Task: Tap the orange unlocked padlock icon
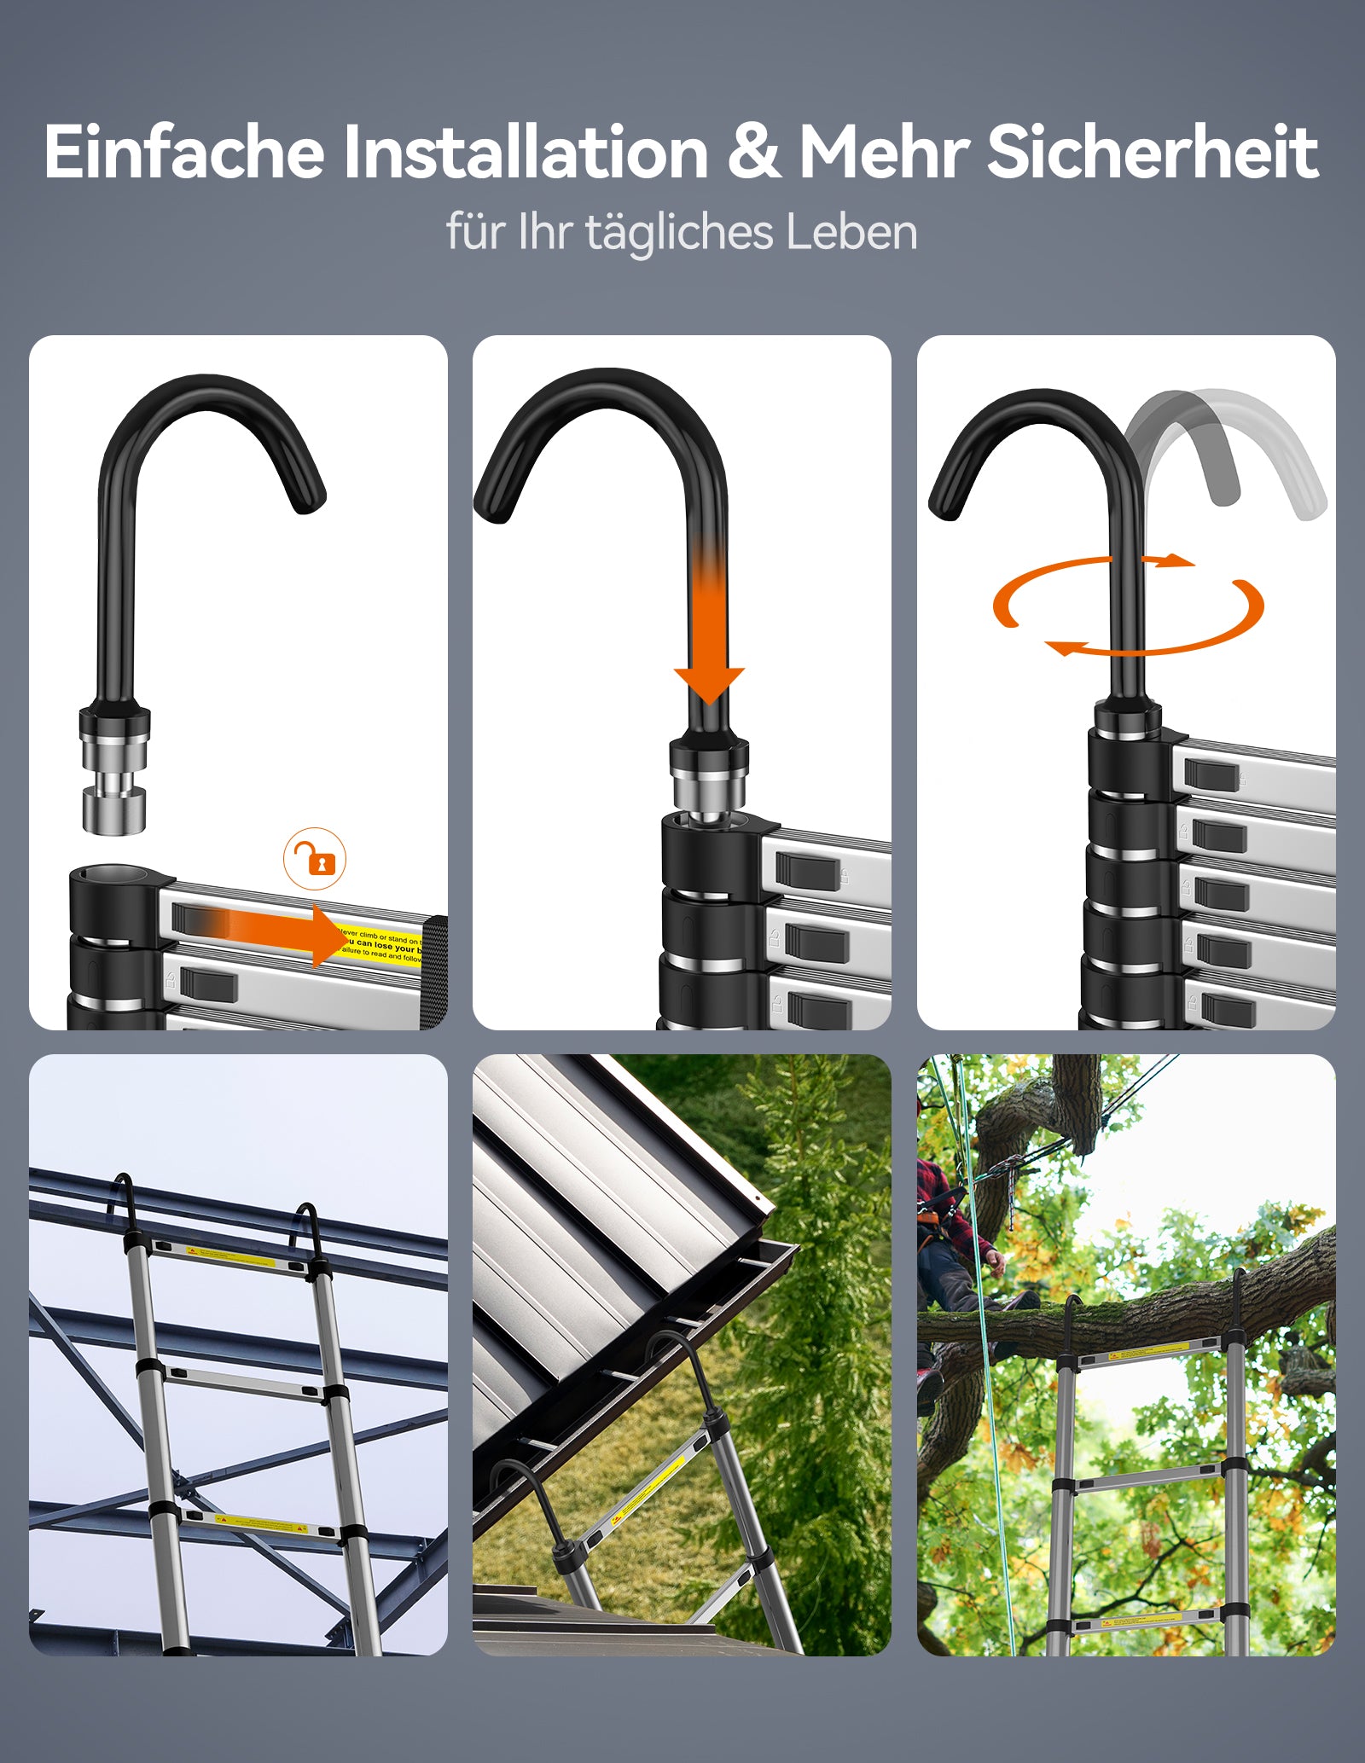316,859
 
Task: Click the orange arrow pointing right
282,934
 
